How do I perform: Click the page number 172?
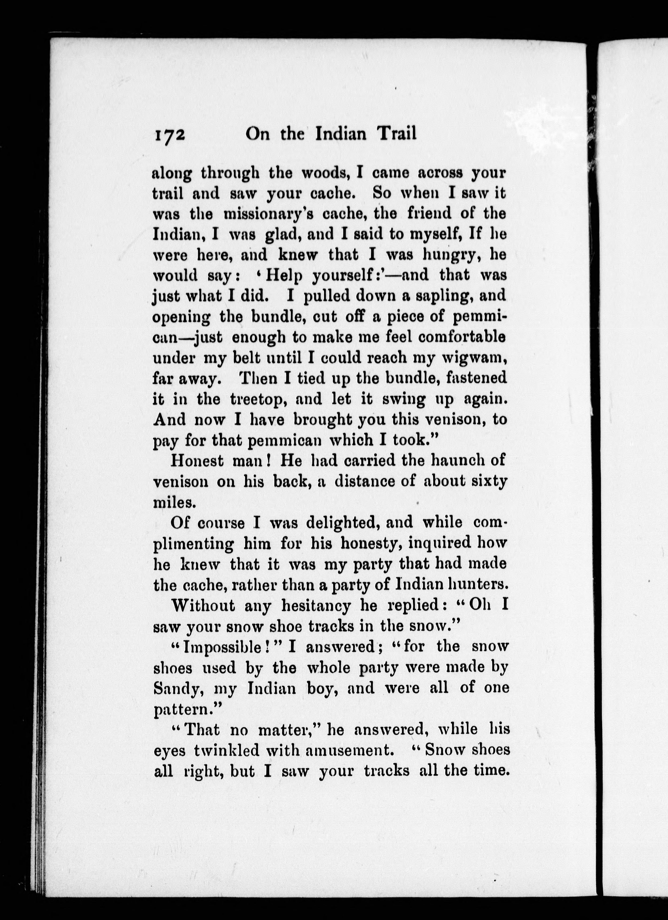169,134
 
